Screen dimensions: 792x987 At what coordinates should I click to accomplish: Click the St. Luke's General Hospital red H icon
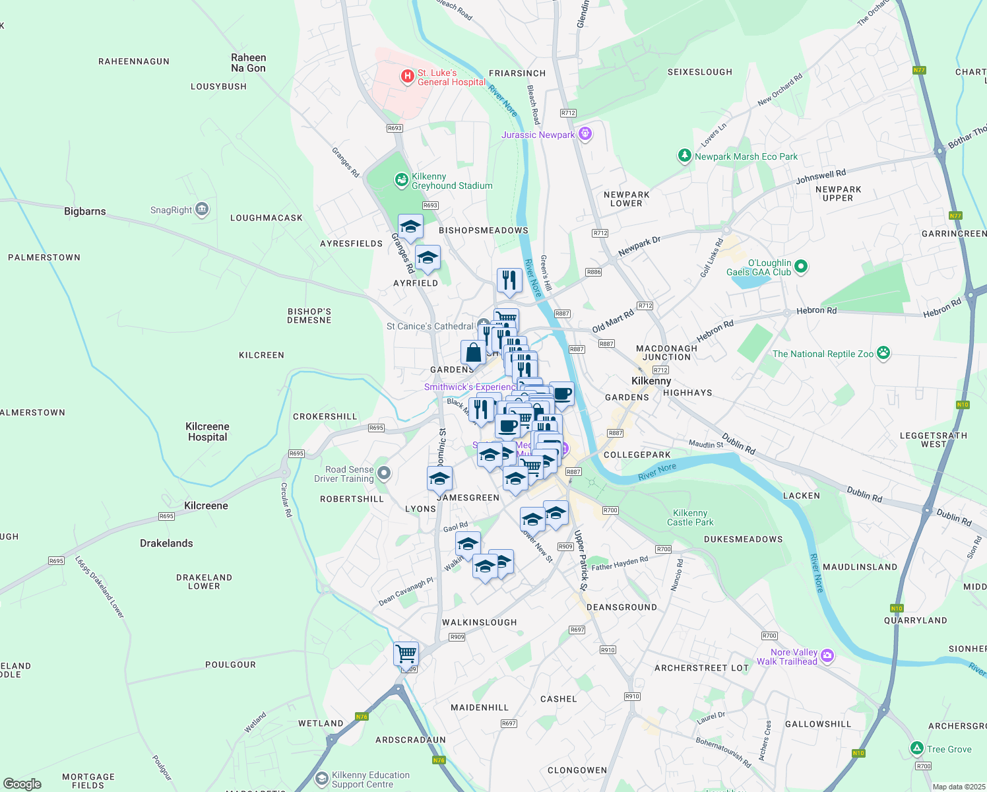[x=408, y=77]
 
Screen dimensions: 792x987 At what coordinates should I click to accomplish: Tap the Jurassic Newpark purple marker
[x=585, y=135]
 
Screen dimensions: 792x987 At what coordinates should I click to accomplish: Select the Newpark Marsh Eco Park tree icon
[x=685, y=156]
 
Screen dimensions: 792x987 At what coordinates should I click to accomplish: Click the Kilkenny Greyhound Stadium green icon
[x=401, y=180]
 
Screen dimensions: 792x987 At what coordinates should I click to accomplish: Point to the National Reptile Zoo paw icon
[x=883, y=353]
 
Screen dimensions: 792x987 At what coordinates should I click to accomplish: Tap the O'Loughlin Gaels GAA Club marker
[x=801, y=267]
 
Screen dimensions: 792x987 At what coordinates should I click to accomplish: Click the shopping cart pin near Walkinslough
[x=406, y=654]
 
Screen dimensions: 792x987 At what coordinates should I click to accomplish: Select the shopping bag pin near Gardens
[x=473, y=352]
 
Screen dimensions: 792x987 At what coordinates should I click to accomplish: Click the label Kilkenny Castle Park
[x=690, y=517]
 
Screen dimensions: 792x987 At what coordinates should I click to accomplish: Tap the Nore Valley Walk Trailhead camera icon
[x=827, y=656]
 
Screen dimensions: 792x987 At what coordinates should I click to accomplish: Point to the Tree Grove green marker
[x=916, y=748]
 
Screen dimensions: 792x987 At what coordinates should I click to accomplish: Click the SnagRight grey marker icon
[x=202, y=210]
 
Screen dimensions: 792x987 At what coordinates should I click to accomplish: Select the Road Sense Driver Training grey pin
[x=384, y=473]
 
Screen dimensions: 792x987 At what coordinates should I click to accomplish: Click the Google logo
[x=22, y=784]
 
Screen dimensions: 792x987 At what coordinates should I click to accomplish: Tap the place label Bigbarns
[x=85, y=211]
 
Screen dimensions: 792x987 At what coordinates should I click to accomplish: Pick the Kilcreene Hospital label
[x=207, y=432]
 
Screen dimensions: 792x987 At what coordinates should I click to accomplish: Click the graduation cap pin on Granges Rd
[x=410, y=227]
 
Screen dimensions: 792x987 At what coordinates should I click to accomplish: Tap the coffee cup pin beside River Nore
[x=561, y=394]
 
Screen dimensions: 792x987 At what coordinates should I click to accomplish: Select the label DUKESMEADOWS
[x=743, y=539]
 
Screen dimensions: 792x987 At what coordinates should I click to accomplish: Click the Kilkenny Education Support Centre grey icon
[x=321, y=779]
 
